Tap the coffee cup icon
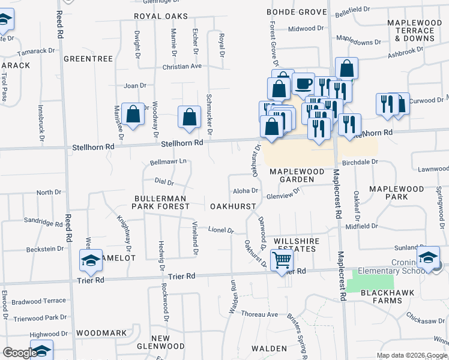coord(304,83)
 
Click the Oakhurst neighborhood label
coord(234,206)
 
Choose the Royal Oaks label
coord(161,16)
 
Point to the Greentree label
coord(88,59)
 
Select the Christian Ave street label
coord(182,67)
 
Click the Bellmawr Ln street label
coord(168,161)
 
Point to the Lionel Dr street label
coord(220,230)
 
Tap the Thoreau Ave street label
coord(259,314)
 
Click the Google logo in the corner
coord(19,353)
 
